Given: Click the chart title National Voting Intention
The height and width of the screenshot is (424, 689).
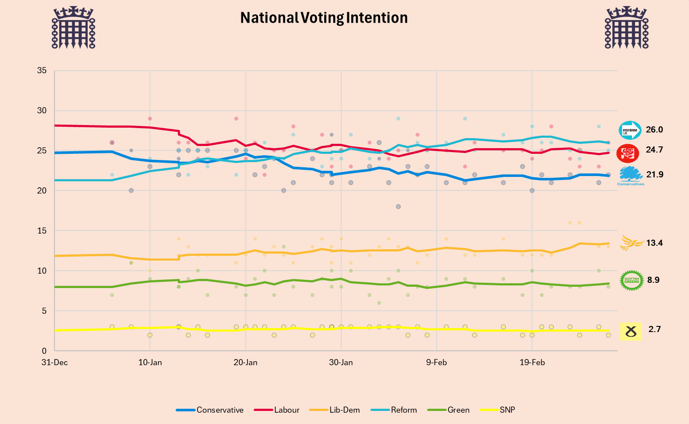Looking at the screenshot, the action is [324, 18].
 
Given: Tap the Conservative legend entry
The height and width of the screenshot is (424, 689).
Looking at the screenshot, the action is [210, 410].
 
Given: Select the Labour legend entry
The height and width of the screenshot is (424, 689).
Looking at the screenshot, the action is [277, 410].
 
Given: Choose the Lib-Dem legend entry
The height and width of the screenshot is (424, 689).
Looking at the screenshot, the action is [334, 410].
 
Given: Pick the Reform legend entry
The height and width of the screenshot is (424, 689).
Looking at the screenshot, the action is [394, 410].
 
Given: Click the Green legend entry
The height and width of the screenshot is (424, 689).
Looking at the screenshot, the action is [448, 410].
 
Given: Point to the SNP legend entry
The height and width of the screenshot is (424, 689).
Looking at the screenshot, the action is [497, 410].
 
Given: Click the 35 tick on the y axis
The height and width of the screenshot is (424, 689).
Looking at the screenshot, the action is [42, 71].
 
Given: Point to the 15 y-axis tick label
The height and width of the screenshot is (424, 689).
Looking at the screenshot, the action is [42, 231].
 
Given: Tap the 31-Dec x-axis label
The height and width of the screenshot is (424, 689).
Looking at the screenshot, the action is [55, 363].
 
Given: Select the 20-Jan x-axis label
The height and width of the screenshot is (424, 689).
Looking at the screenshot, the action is [245, 363].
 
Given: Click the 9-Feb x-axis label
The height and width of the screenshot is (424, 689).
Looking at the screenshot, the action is [437, 363].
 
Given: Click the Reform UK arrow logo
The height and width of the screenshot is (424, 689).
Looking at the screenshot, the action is [630, 130].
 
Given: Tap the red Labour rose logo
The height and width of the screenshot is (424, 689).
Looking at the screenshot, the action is [628, 153].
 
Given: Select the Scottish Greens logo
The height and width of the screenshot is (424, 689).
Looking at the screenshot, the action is [631, 280].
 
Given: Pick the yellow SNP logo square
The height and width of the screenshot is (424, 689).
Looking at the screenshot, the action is [631, 332].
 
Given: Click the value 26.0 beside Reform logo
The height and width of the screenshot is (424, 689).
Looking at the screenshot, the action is [654, 130].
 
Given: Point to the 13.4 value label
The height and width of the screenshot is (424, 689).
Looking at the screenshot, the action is [655, 243].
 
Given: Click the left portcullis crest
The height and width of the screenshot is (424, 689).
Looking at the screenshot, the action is [73, 27].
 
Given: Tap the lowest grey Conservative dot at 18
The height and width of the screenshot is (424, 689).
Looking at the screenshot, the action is [398, 207].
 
